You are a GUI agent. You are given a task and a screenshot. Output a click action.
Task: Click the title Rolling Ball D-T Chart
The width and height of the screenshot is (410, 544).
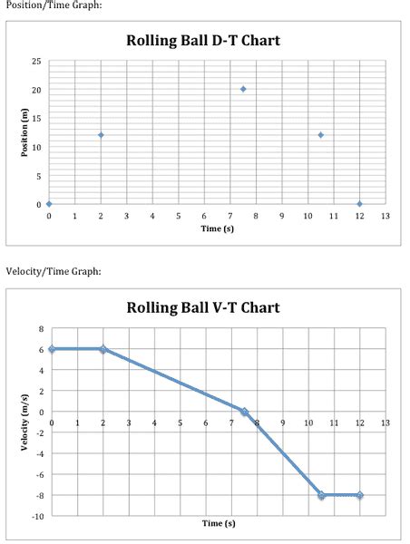(203, 41)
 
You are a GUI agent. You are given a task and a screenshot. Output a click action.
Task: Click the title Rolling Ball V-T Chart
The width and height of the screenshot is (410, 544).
(203, 307)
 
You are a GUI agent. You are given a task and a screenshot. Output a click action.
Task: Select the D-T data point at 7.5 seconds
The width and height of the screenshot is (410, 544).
(243, 89)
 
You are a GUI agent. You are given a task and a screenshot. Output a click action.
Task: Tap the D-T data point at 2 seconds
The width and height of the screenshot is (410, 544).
(101, 135)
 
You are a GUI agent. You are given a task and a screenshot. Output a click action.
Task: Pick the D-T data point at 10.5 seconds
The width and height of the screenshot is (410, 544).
(321, 135)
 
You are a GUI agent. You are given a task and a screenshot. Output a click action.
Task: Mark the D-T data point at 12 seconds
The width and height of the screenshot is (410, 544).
(360, 204)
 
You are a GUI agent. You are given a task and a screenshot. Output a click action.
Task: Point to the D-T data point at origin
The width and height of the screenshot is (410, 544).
(49, 204)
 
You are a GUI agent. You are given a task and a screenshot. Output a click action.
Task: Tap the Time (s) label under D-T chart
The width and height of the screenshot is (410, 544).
(218, 228)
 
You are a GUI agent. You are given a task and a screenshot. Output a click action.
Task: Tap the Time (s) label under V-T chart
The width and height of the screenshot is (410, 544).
(218, 523)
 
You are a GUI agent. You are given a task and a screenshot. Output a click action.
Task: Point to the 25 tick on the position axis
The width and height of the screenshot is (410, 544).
(36, 61)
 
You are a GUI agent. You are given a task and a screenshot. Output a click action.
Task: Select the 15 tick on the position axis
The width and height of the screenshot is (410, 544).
(36, 118)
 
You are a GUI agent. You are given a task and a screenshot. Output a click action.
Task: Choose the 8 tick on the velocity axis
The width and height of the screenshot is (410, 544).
(40, 328)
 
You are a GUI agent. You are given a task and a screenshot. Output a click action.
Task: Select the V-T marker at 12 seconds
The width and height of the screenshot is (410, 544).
(360, 495)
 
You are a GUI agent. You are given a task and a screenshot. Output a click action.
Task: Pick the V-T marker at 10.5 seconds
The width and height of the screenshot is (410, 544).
(321, 495)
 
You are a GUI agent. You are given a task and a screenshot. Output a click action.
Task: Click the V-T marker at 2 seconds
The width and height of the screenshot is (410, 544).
(102, 349)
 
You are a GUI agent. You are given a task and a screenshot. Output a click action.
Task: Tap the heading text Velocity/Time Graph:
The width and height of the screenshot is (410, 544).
(54, 271)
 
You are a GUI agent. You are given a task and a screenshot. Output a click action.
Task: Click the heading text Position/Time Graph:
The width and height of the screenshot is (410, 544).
(54, 6)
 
